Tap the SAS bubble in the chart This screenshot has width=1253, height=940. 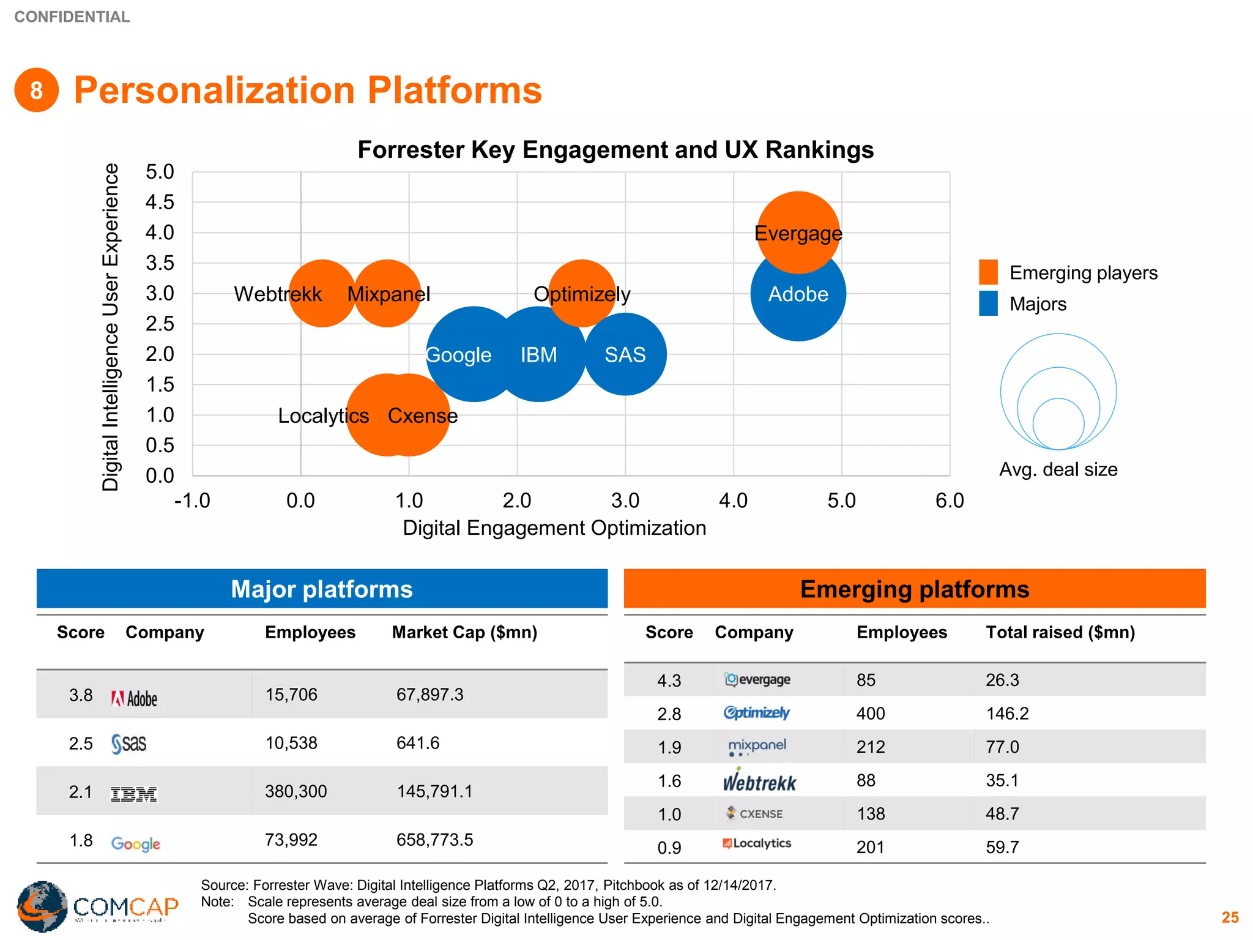(625, 355)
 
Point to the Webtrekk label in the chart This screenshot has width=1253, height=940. (277, 294)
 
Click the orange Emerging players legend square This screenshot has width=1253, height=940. (988, 272)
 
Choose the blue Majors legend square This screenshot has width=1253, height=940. (988, 304)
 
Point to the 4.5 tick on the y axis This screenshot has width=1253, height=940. (160, 202)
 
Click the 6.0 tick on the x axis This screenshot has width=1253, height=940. (949, 501)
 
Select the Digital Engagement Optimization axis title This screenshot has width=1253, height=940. (554, 528)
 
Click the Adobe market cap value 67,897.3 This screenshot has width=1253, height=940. (429, 695)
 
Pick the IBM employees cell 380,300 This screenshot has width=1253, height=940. (296, 791)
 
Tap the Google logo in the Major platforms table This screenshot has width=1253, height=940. (135, 844)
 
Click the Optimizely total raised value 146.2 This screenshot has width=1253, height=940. (1007, 714)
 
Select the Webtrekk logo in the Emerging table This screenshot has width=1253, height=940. (759, 781)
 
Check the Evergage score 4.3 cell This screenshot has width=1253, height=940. (669, 681)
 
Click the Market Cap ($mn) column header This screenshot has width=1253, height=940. (464, 632)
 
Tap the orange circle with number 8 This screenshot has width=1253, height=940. (37, 91)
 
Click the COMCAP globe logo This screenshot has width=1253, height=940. (42, 906)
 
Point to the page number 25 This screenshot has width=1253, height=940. (1230, 917)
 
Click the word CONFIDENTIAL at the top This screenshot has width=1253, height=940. (72, 17)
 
